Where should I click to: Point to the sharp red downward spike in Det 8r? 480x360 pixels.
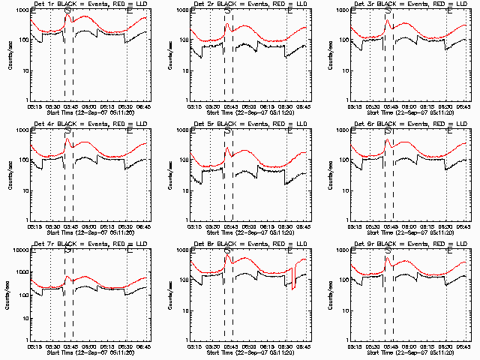click(294, 288)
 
